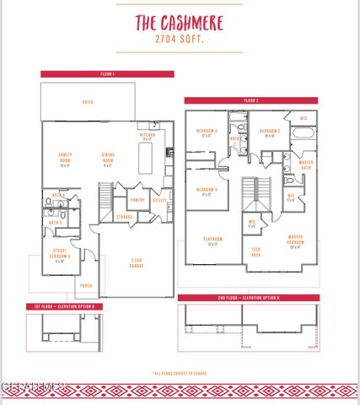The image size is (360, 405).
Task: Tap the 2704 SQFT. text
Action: [x=179, y=40]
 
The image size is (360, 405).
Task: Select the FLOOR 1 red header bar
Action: [x=107, y=74]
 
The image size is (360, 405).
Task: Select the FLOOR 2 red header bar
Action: [x=251, y=100]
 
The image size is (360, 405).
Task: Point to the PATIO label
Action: [x=88, y=102]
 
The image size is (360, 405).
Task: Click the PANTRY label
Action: [x=137, y=200]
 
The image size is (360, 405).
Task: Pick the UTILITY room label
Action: [x=159, y=200]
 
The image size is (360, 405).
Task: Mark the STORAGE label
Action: [x=124, y=217]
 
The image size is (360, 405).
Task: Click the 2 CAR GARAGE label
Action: [x=136, y=263]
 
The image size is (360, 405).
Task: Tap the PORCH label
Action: [x=85, y=285]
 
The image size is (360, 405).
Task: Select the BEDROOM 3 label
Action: [x=207, y=132]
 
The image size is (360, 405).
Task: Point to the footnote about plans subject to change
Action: [x=179, y=373]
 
